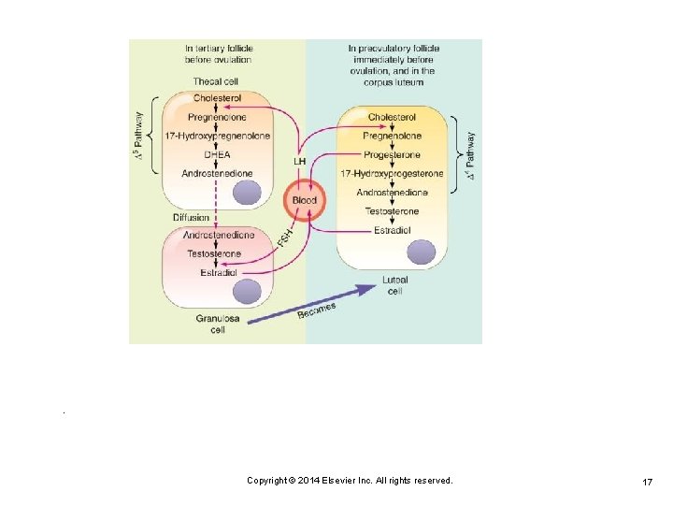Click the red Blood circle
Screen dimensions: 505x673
point(305,200)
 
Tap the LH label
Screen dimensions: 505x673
point(299,161)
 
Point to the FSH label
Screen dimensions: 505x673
point(286,238)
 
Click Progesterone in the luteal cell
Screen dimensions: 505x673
point(392,155)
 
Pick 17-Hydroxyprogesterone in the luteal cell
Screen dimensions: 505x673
point(392,174)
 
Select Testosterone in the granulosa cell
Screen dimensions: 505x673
point(214,253)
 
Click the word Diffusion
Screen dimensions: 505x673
point(192,218)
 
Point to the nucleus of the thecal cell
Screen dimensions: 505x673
point(247,192)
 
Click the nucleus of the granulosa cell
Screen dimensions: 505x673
point(247,293)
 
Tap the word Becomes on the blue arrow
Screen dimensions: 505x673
point(317,310)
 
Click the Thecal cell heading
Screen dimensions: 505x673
point(216,81)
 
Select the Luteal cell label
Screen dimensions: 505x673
point(394,285)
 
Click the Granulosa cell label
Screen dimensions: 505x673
point(216,324)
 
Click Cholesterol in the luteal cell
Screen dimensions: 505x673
point(392,118)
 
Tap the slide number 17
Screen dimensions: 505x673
point(647,481)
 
